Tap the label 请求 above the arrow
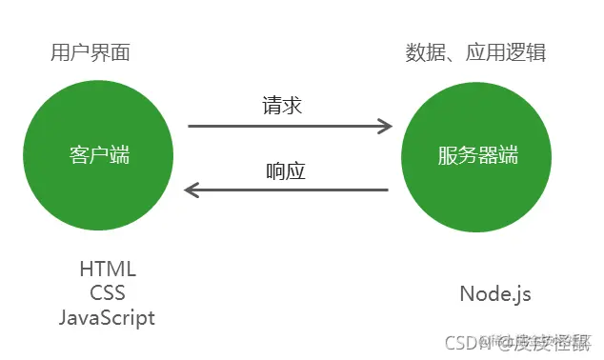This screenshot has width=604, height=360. (x=282, y=106)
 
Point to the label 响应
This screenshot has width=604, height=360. (x=285, y=173)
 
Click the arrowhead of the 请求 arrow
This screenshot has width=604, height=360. (x=386, y=125)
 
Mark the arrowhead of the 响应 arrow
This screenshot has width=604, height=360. (x=191, y=190)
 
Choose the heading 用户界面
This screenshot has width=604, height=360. (x=90, y=52)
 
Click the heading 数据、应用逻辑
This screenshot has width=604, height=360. (x=476, y=52)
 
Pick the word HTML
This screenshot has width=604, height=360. (x=108, y=269)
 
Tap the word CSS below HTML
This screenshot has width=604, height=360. (x=108, y=293)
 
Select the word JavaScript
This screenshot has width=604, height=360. (x=107, y=318)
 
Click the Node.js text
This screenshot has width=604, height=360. (x=494, y=294)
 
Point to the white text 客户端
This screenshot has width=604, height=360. (x=99, y=155)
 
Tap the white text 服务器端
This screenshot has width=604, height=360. (x=478, y=155)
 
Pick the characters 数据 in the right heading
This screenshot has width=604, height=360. (x=423, y=52)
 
